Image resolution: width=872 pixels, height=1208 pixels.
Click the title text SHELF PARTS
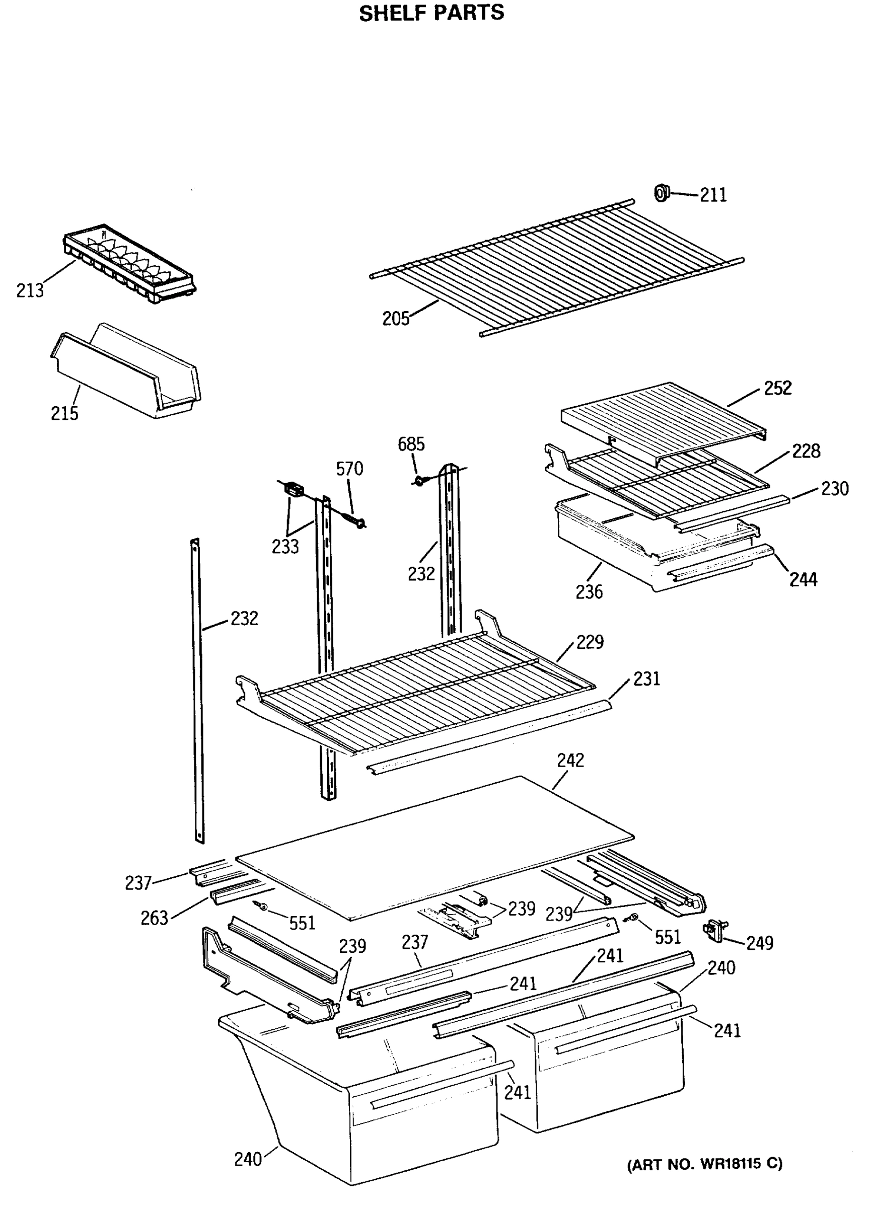click(x=431, y=13)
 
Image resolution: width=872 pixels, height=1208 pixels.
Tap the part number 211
click(x=713, y=195)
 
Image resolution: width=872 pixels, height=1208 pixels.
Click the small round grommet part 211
click(x=661, y=192)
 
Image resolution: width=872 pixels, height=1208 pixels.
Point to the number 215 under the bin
click(x=64, y=413)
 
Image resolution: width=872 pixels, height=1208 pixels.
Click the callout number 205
click(x=396, y=319)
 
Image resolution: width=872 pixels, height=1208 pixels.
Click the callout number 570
click(x=349, y=468)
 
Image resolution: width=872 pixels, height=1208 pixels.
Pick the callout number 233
click(x=285, y=547)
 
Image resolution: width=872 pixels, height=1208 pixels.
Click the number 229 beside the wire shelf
click(x=589, y=642)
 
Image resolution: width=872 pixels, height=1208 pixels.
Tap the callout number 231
click(x=646, y=678)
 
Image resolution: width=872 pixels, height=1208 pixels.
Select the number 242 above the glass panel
click(x=570, y=760)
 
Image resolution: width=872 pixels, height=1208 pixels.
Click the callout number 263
click(x=154, y=918)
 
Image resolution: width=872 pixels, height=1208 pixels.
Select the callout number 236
click(x=589, y=592)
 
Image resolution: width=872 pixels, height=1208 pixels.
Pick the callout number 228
click(x=806, y=450)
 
